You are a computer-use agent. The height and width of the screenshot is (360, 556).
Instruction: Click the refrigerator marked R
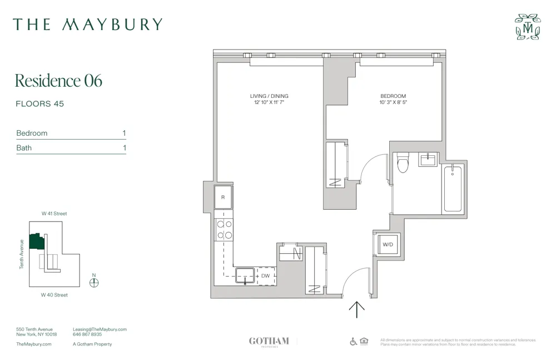click(x=223, y=197)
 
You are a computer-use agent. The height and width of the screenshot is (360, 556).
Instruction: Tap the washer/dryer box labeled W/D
click(x=388, y=244)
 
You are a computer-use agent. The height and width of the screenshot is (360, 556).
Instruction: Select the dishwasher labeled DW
click(x=266, y=275)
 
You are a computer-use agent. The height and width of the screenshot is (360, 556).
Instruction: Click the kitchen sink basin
click(x=245, y=274)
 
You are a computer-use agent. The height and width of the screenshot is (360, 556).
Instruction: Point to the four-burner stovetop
click(x=224, y=230)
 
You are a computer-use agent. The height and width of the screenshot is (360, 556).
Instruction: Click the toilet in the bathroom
click(x=403, y=162)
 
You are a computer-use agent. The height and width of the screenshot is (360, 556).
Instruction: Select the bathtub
click(x=453, y=189)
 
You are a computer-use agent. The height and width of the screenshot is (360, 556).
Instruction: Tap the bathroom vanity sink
click(x=428, y=160)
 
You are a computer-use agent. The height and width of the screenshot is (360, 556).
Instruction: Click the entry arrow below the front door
click(x=356, y=309)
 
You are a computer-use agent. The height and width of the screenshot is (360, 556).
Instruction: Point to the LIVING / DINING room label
click(x=269, y=96)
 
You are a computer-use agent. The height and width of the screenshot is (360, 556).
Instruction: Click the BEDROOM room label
click(x=393, y=96)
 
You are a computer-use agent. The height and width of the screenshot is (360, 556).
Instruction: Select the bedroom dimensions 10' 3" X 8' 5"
click(x=393, y=102)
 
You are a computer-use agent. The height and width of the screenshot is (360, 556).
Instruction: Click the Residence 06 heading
click(x=58, y=81)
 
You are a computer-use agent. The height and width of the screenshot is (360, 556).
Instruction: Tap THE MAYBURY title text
click(x=88, y=24)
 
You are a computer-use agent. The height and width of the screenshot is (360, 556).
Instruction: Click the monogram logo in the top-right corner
click(x=528, y=27)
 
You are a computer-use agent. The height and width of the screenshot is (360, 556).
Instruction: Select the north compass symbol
click(x=94, y=282)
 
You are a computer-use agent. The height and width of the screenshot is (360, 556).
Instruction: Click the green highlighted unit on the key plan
click(x=37, y=241)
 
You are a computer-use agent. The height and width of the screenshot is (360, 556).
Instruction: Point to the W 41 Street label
click(x=54, y=214)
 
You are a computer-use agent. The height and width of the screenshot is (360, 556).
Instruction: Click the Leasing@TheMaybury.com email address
click(x=100, y=329)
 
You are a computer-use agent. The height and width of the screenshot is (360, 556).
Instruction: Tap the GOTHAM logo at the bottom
click(x=269, y=341)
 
